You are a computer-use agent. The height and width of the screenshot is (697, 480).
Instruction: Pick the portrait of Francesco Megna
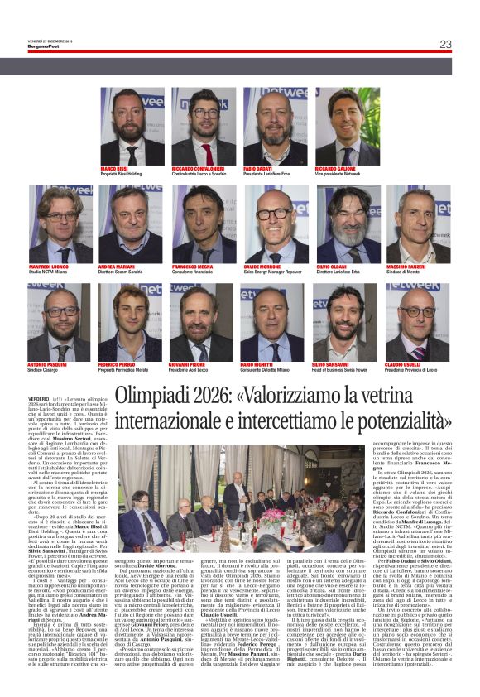(x=203, y=224)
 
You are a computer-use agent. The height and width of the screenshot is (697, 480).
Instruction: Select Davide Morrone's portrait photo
(x=275, y=224)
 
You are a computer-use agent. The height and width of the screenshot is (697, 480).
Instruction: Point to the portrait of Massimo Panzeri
(x=418, y=224)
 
